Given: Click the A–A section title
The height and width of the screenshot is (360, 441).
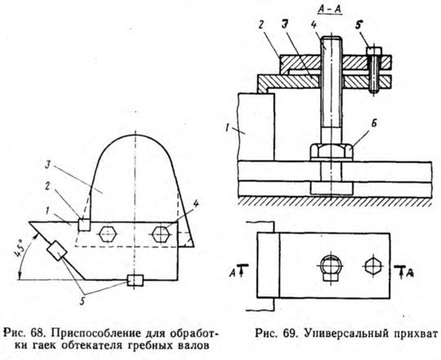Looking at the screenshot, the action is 330,10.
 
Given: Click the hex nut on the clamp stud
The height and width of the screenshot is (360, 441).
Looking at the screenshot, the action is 332,152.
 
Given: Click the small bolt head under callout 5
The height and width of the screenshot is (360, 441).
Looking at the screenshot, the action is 374,51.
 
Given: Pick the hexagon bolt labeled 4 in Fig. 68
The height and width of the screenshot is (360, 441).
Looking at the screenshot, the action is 161,233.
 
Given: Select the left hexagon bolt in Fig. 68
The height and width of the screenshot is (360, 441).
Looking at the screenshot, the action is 108,233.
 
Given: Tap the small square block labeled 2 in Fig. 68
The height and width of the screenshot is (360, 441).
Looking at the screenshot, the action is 84,224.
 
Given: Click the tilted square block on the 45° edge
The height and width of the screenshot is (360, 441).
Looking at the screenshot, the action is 57,251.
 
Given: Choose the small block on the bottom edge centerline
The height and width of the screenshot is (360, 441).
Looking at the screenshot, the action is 135,280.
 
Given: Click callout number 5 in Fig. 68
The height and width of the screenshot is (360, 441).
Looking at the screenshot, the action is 82,301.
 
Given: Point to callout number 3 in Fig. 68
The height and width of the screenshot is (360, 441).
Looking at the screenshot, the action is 49,165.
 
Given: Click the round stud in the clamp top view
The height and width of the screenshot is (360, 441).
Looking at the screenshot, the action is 331,264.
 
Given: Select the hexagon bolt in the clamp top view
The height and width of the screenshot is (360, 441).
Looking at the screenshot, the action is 372,265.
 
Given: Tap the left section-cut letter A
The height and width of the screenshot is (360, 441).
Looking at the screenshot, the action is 233,272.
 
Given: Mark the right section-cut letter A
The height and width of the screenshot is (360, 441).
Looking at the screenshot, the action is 410,273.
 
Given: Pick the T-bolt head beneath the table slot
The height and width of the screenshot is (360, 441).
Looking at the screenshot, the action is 332,188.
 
